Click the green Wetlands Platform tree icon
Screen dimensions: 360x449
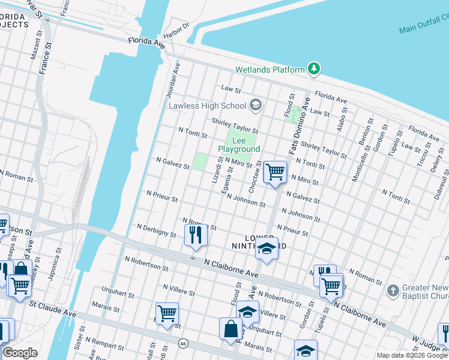(313, 70)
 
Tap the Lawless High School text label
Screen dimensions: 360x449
(207, 106)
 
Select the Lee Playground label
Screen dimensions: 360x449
(239, 144)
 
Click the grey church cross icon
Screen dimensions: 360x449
(393, 290)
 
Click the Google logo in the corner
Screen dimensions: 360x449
(20, 353)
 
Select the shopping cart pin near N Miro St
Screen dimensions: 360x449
(275, 172)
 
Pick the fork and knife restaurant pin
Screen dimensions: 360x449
(195, 235)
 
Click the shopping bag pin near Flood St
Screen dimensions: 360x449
(231, 329)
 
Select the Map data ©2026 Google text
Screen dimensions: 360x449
(412, 355)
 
